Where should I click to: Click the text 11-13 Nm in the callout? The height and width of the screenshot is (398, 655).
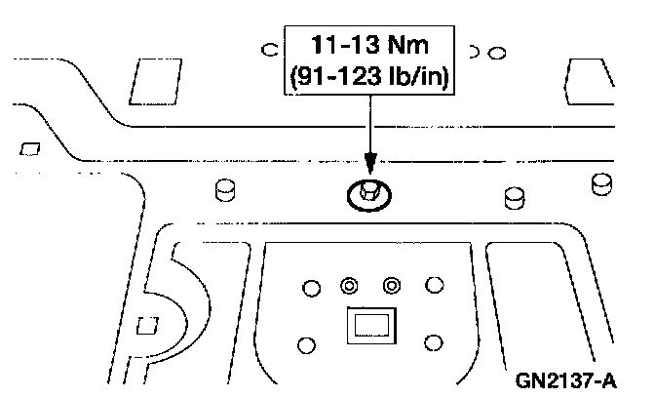coord(367,45)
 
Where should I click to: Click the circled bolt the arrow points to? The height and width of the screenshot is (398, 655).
coord(367,193)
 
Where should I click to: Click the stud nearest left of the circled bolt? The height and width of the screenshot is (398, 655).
coord(226,189)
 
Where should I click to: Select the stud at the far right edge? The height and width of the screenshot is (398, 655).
coord(602,182)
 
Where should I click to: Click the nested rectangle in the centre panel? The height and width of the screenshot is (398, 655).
coord(370,325)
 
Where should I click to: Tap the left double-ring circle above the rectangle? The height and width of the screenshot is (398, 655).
coord(348,285)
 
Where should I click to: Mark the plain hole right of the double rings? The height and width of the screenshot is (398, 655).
coord(434,285)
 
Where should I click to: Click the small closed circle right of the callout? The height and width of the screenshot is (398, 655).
coord(497,50)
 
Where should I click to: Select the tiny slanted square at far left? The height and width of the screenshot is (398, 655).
coord(29,149)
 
